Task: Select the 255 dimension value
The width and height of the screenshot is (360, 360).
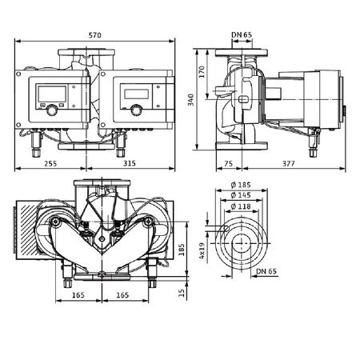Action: [x=50, y=162]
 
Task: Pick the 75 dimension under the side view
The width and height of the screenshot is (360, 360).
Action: [x=227, y=162]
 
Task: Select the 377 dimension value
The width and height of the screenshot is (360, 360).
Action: [x=284, y=162]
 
